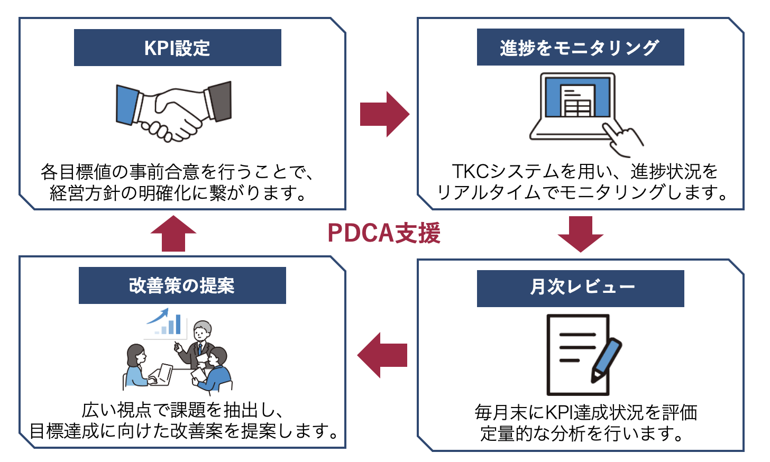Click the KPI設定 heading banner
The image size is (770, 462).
[x=177, y=48]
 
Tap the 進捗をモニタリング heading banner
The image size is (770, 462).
[x=580, y=48]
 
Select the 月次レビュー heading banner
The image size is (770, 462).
[x=580, y=288]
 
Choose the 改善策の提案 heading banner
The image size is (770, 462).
[x=182, y=285]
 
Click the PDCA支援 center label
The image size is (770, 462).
[x=384, y=233]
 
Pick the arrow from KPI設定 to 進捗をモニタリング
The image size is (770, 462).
[x=384, y=114]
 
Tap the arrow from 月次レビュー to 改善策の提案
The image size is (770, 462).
[x=382, y=355]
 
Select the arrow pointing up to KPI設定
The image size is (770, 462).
[x=173, y=233]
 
